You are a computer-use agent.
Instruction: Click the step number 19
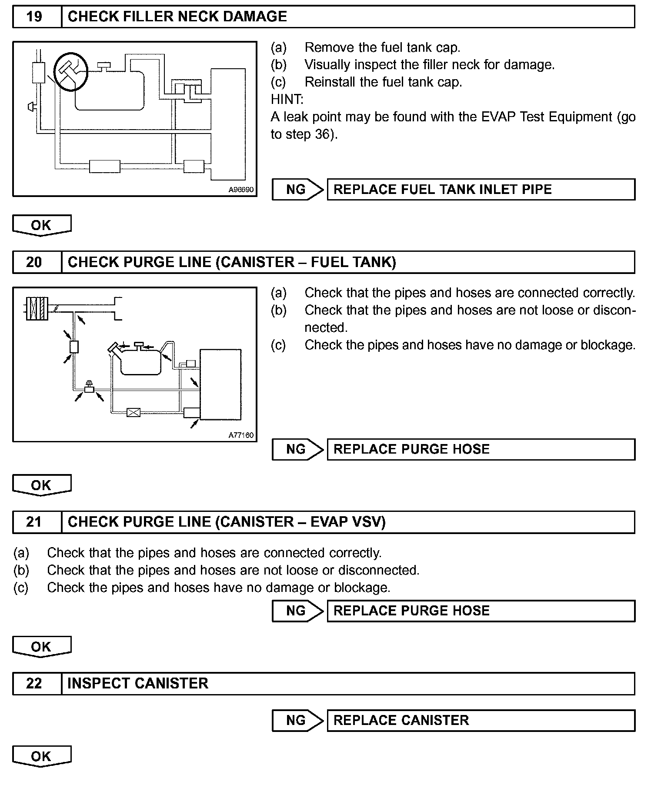click(34, 17)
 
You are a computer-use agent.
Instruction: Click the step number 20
click(34, 262)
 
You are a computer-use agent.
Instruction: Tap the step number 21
click(34, 522)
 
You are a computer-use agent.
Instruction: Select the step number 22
click(34, 684)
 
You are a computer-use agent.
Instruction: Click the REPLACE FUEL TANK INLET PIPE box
click(481, 190)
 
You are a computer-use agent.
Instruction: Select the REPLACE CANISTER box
click(481, 721)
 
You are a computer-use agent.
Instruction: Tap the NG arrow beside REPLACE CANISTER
click(297, 721)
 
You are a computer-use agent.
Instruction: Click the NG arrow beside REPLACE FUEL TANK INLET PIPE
click(297, 190)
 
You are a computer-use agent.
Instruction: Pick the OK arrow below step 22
click(41, 756)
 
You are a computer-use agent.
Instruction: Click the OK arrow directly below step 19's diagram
click(41, 225)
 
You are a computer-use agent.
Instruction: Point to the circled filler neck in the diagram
click(70, 71)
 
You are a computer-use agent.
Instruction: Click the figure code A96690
click(241, 190)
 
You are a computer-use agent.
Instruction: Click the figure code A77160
click(241, 435)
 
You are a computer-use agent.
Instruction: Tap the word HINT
click(287, 100)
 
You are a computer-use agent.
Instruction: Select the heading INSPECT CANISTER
click(138, 684)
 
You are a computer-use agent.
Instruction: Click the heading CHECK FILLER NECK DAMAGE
click(177, 17)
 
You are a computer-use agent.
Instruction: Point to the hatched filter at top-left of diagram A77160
click(37, 308)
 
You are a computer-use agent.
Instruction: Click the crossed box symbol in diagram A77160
click(133, 412)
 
